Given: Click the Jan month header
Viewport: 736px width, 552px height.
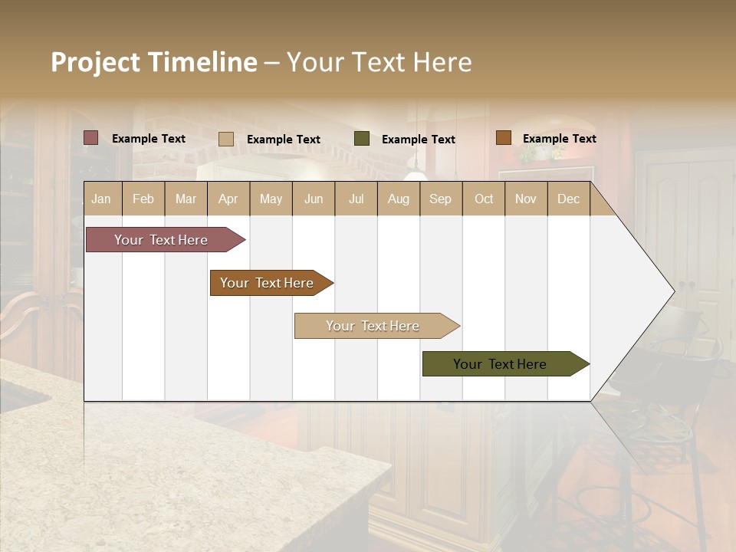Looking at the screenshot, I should click(x=101, y=199).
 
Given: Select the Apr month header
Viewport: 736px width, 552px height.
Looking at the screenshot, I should click(x=228, y=199).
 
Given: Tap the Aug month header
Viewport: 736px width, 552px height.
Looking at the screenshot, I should click(x=398, y=199).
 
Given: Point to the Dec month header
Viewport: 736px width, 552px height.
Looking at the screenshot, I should click(x=568, y=199).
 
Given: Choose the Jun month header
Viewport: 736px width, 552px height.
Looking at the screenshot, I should click(x=314, y=199).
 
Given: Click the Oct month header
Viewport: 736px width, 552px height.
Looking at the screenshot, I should click(x=484, y=199).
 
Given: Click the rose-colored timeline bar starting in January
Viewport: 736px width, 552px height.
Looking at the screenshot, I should click(x=161, y=240).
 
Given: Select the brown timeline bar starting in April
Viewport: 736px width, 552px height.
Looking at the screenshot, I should click(x=267, y=283).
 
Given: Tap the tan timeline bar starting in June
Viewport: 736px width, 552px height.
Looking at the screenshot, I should click(x=373, y=326).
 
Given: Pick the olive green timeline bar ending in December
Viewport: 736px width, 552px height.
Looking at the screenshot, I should click(x=500, y=364).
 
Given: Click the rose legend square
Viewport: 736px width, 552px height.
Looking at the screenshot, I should click(x=90, y=138).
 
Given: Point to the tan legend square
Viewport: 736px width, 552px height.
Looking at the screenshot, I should click(x=225, y=139).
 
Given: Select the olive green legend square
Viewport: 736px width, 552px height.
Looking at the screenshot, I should click(x=362, y=139).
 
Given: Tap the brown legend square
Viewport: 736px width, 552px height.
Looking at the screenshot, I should click(x=503, y=138).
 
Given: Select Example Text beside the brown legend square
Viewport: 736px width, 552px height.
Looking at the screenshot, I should click(x=559, y=139).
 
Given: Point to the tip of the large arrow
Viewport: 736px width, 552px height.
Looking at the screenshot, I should click(x=673, y=291).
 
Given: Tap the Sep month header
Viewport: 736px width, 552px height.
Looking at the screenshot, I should click(x=440, y=199).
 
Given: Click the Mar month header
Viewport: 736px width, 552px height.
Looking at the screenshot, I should click(x=186, y=199).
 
